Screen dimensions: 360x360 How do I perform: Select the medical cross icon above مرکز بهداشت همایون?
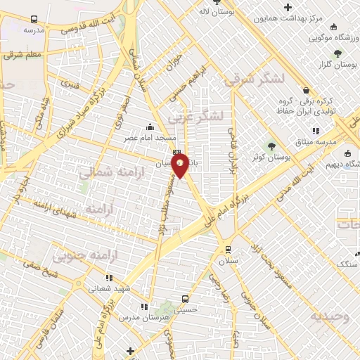(287, 7)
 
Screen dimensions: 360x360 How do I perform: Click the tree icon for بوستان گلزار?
(337, 53)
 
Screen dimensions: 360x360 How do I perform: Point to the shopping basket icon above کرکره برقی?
(306, 89)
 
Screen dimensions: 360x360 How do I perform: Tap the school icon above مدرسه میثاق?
(316, 130)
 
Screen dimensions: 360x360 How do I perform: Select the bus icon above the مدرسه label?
(32, 20)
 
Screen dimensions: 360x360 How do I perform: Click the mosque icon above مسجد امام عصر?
(149, 127)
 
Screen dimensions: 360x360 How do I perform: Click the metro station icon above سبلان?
(228, 249)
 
